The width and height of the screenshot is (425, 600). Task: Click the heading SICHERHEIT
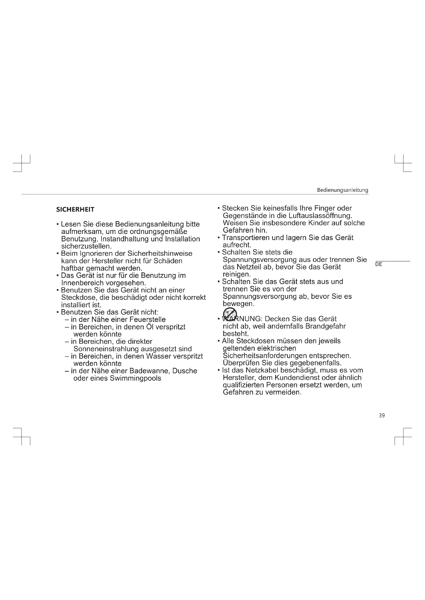[75, 209]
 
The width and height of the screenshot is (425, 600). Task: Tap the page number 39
[382, 416]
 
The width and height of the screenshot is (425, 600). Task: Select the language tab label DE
[378, 264]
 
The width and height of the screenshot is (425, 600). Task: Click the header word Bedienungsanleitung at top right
[342, 190]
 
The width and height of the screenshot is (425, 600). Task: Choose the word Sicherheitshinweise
[160, 253]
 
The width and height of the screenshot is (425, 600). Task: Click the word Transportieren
[246, 238]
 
